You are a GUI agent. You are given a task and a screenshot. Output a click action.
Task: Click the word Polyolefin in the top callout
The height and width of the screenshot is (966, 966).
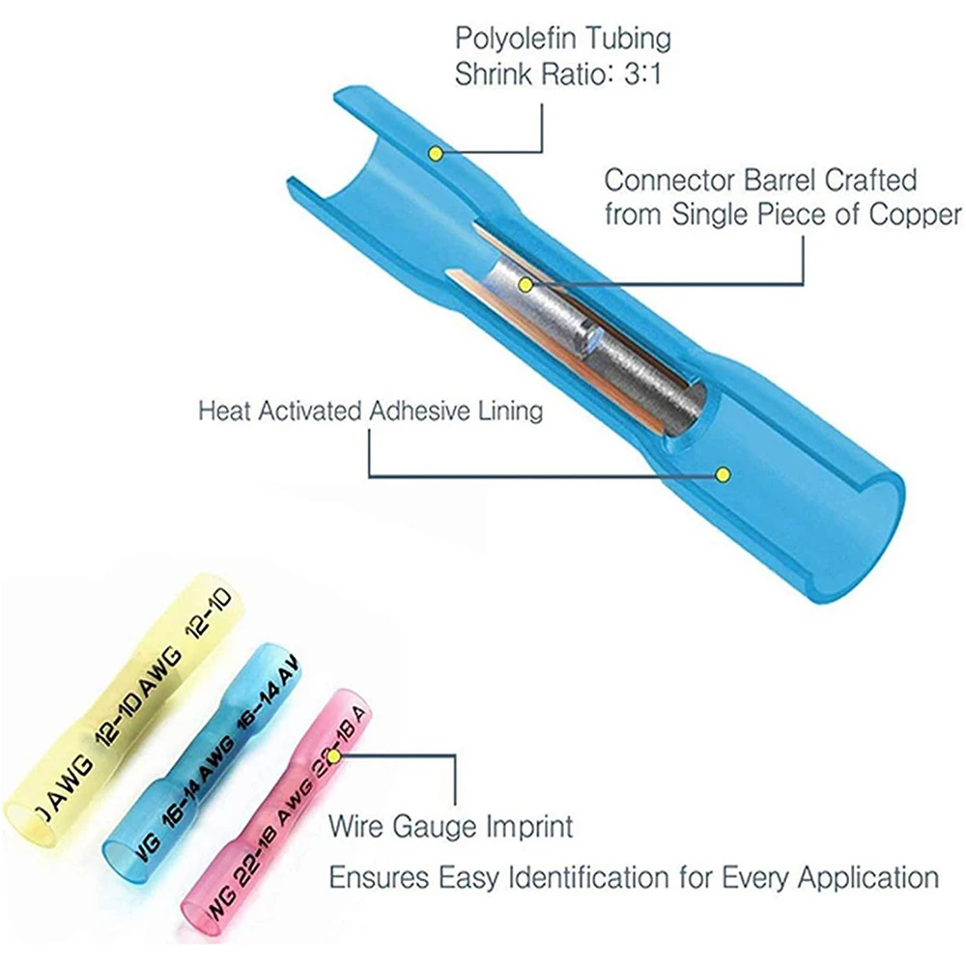[515, 39]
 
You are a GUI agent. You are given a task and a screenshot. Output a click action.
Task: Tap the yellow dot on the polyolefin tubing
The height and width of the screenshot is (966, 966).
[436, 153]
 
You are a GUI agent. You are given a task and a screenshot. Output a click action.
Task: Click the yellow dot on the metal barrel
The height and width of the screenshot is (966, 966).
[526, 285]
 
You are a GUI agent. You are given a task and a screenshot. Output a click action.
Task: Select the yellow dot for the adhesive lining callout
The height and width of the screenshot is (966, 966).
[724, 474]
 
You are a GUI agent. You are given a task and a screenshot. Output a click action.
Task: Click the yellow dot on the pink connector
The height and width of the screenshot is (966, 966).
[333, 756]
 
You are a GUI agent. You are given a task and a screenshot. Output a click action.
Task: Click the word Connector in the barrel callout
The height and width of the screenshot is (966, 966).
[670, 181]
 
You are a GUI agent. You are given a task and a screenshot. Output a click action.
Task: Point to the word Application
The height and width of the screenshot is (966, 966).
[868, 878]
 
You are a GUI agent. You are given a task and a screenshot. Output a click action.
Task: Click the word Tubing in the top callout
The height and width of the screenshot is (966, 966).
[628, 40]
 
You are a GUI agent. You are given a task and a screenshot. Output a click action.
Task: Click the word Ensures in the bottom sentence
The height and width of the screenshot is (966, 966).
[379, 877]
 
